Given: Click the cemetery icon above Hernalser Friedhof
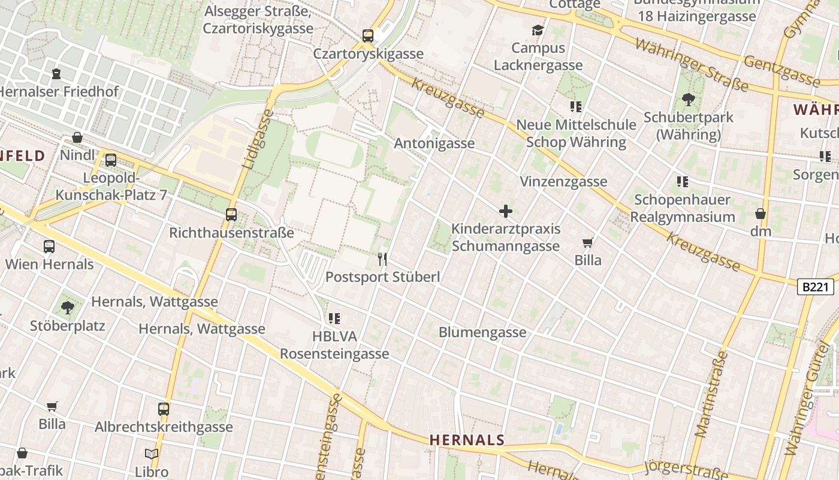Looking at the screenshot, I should [56, 74].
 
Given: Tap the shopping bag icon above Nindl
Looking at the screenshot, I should [77, 137].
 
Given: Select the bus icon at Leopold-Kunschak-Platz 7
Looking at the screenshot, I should [110, 160].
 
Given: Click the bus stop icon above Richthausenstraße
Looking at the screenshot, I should [231, 214].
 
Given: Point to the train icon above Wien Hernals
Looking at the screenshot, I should [49, 246].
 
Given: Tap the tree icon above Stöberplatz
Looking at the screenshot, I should [67, 308].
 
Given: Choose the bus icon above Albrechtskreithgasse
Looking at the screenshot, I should [164, 409].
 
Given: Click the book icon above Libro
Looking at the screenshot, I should [152, 454].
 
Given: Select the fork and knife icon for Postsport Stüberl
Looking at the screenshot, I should [382, 259].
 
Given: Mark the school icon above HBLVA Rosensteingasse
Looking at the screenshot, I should [334, 319].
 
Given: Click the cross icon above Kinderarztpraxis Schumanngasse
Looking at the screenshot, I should [506, 211].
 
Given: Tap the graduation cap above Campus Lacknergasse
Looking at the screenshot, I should [538, 30].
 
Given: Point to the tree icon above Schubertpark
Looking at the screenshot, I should [688, 100].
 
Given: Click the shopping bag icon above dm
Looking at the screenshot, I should [760, 213].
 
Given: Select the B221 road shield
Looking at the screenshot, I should [816, 287].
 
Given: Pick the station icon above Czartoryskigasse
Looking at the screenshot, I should [368, 36].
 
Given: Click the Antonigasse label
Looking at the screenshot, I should [434, 143].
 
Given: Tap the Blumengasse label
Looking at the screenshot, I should [482, 332].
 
